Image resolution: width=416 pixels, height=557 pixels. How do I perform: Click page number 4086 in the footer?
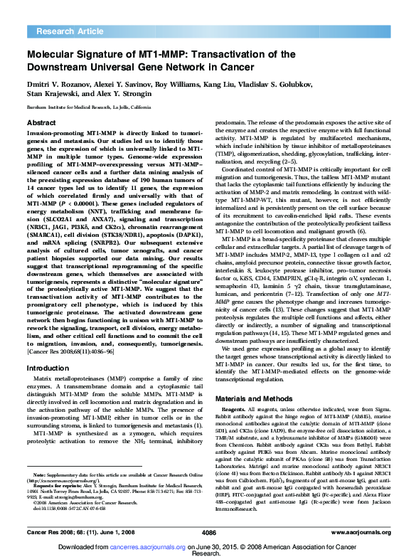(208, 531)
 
